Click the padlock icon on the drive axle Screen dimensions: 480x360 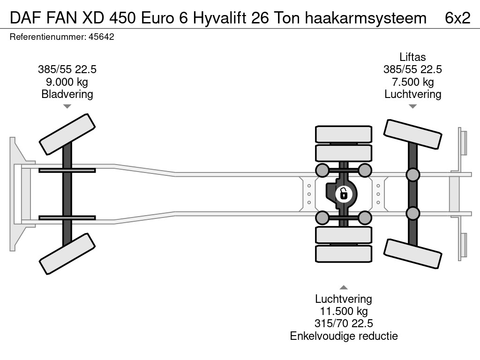click(344, 194)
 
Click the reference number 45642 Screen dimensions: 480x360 click(101, 37)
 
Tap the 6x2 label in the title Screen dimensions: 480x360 click(457, 18)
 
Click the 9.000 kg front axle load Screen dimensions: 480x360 click(67, 82)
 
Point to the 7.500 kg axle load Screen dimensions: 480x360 click(412, 82)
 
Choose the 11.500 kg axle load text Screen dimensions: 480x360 click(344, 311)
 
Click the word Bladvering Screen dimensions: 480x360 click(67, 94)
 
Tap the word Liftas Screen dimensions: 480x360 click(412, 57)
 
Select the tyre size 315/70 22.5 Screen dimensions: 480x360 click(344, 323)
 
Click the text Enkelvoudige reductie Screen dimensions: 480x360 click(344, 336)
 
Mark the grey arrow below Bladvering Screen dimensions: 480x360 click(67, 106)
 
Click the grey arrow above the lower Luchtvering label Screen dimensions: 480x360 click(344, 287)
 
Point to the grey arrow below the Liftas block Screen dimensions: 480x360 click(412, 106)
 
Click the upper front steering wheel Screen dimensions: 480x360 click(67, 135)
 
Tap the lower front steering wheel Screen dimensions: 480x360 click(67, 254)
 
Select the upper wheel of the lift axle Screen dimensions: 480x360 click(412, 135)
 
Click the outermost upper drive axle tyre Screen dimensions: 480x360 click(344, 134)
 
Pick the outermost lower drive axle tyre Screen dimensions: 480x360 click(344, 254)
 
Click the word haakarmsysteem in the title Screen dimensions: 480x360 click(366, 18)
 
